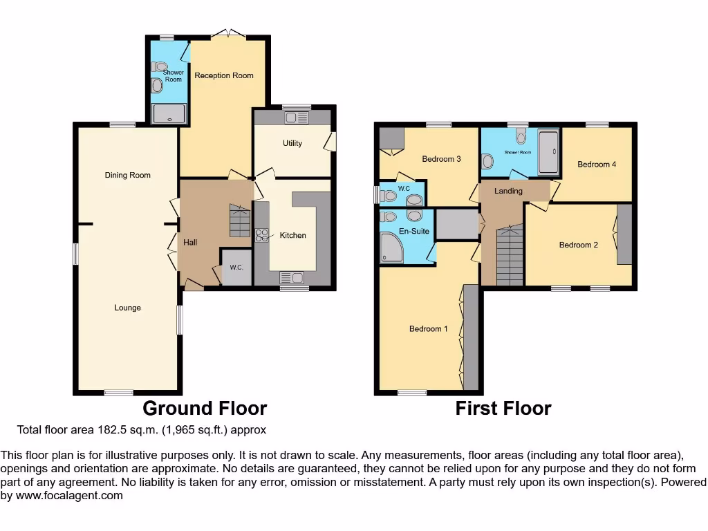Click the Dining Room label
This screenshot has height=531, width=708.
click(x=127, y=175)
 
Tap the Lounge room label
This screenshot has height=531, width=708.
click(x=127, y=308)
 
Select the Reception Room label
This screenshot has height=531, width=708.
click(x=223, y=75)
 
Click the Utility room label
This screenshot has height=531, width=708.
click(x=292, y=144)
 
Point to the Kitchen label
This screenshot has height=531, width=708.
click(x=292, y=235)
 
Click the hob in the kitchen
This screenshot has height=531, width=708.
click(x=262, y=235)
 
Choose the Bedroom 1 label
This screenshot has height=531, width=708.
click(x=428, y=328)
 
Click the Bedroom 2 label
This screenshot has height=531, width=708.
click(x=579, y=245)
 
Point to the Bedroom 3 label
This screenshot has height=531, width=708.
click(x=441, y=159)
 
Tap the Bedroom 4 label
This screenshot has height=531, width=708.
click(x=597, y=164)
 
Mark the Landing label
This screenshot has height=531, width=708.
click(x=508, y=191)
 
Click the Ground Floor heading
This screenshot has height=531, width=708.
click(x=205, y=409)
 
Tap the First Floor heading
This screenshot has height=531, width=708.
click(x=503, y=409)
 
